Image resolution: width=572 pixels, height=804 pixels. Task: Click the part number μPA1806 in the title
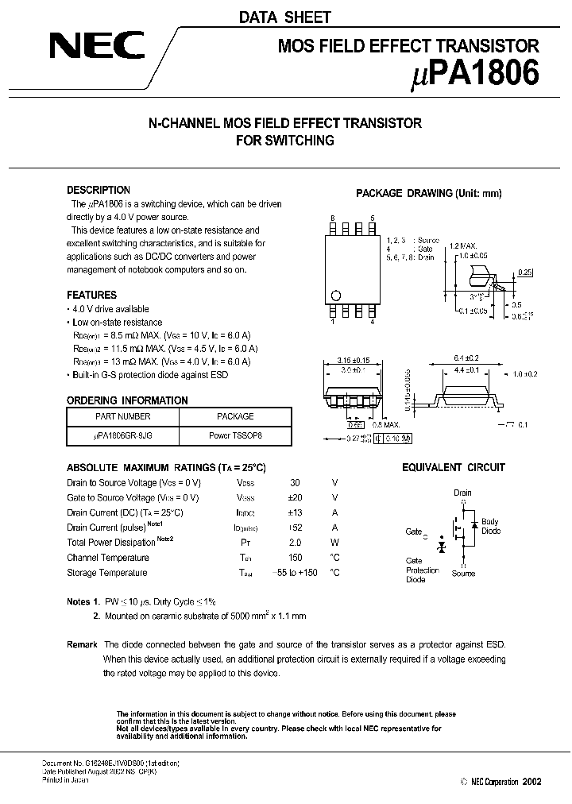click(477, 74)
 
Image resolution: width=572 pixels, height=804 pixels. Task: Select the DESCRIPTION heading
click(99, 190)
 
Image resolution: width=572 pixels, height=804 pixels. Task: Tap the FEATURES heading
click(91, 295)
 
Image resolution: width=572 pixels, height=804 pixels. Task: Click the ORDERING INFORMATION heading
click(127, 400)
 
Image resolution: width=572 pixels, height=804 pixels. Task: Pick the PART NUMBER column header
click(122, 416)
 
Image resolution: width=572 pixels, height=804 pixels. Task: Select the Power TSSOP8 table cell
click(235, 436)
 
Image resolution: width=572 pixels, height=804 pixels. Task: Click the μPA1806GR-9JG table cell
click(122, 436)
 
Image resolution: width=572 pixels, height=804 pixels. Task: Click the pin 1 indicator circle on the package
click(335, 296)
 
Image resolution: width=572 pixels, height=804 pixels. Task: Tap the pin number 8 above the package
click(333, 218)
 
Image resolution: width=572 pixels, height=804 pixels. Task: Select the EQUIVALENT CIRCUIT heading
click(453, 468)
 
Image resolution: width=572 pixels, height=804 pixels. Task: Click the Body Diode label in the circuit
click(491, 526)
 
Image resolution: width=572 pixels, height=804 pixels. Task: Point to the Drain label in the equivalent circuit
click(462, 493)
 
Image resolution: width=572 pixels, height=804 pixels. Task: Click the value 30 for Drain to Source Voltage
click(296, 483)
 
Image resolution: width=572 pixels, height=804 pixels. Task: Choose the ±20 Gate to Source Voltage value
click(296, 498)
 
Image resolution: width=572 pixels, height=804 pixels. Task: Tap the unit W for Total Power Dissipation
click(334, 543)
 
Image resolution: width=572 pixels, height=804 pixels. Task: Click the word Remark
click(83, 644)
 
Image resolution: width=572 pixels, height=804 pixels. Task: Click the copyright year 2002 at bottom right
click(531, 782)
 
